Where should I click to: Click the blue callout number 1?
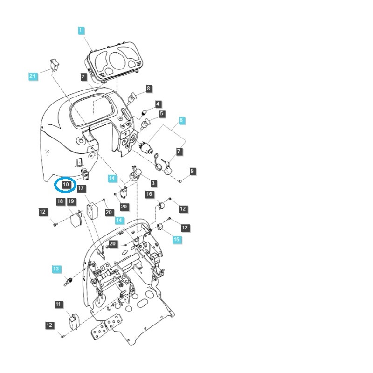point(81,31)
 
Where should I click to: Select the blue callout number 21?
point(32,76)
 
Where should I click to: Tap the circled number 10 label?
point(66,185)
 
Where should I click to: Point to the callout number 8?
point(149,88)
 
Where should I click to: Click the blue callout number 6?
point(181,120)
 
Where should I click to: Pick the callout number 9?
point(193,172)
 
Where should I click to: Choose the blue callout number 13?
point(56,269)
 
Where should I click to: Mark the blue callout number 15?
point(176,240)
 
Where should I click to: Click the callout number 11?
point(58,304)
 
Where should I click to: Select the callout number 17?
point(81,189)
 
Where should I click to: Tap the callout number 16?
point(149,194)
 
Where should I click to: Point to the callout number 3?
point(153,184)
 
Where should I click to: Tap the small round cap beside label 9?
point(180,179)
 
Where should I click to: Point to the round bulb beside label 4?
point(144,112)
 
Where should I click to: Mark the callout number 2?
point(83,76)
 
